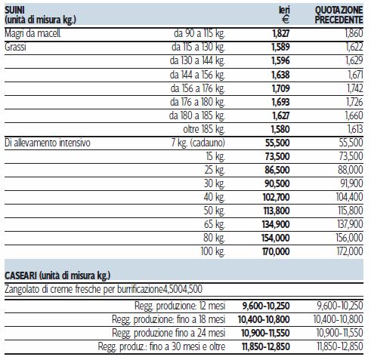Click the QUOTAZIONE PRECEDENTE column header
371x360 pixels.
click(339, 15)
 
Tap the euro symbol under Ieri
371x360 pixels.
click(286, 20)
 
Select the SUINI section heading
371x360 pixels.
click(14, 10)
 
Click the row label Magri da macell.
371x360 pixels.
click(32, 33)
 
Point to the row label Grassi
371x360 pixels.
click(15, 47)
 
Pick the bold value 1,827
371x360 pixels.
click(281, 33)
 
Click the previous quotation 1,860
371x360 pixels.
click(354, 33)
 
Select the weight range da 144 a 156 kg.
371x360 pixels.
click(197, 75)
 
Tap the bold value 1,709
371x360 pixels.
click(281, 88)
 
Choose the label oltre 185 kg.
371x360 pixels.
click(204, 129)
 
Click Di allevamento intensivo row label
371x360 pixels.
click(48, 143)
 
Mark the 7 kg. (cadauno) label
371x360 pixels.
click(198, 143)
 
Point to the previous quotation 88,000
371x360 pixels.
click(351, 170)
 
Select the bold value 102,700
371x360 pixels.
click(277, 197)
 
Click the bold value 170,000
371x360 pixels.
click(276, 251)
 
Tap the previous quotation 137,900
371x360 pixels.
click(351, 224)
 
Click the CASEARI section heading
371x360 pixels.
click(57, 275)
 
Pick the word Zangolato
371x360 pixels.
click(22, 289)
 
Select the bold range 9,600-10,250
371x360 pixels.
click(266, 306)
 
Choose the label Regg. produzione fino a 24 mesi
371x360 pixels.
click(168, 333)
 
